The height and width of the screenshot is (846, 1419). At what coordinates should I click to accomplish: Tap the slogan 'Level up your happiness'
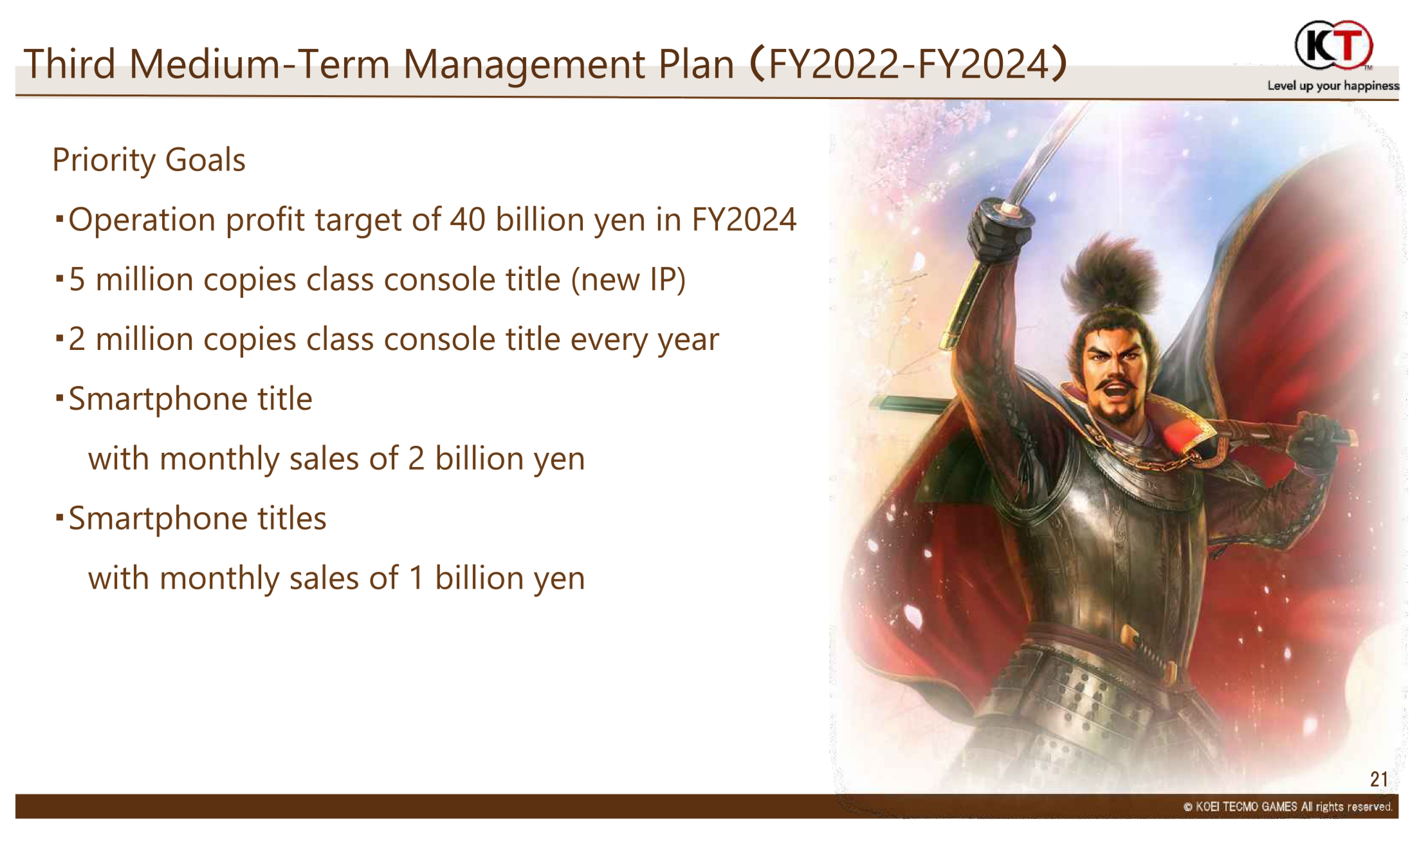[x=1333, y=86]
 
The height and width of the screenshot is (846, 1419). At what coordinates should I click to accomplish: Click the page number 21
[x=1378, y=779]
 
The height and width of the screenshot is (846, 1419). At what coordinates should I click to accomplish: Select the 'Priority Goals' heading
[x=149, y=160]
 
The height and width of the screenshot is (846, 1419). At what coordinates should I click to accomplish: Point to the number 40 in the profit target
[x=467, y=220]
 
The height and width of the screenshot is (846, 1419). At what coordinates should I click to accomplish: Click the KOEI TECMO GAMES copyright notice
[x=1288, y=807]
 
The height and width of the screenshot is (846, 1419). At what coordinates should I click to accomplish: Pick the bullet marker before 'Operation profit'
[x=59, y=219]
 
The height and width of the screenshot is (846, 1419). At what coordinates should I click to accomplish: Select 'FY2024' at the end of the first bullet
[x=744, y=220]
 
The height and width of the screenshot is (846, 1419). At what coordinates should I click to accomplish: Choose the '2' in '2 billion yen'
[x=416, y=459]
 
